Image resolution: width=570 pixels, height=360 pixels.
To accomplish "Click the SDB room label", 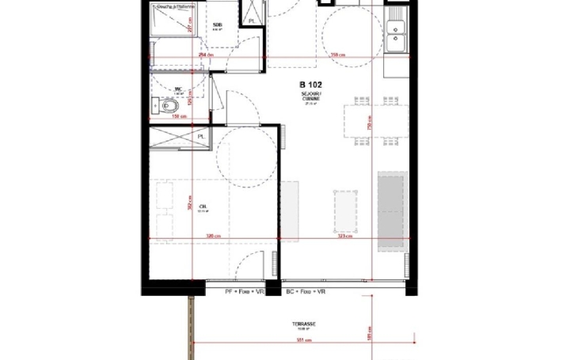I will click(218, 25).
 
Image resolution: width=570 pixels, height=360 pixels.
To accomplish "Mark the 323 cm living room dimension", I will click(344, 236).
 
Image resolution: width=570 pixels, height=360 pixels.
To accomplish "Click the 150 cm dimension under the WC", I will click(179, 116).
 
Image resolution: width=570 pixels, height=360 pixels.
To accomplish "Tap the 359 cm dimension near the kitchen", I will click(338, 55).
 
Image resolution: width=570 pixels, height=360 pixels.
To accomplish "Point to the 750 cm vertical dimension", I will click(370, 127).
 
